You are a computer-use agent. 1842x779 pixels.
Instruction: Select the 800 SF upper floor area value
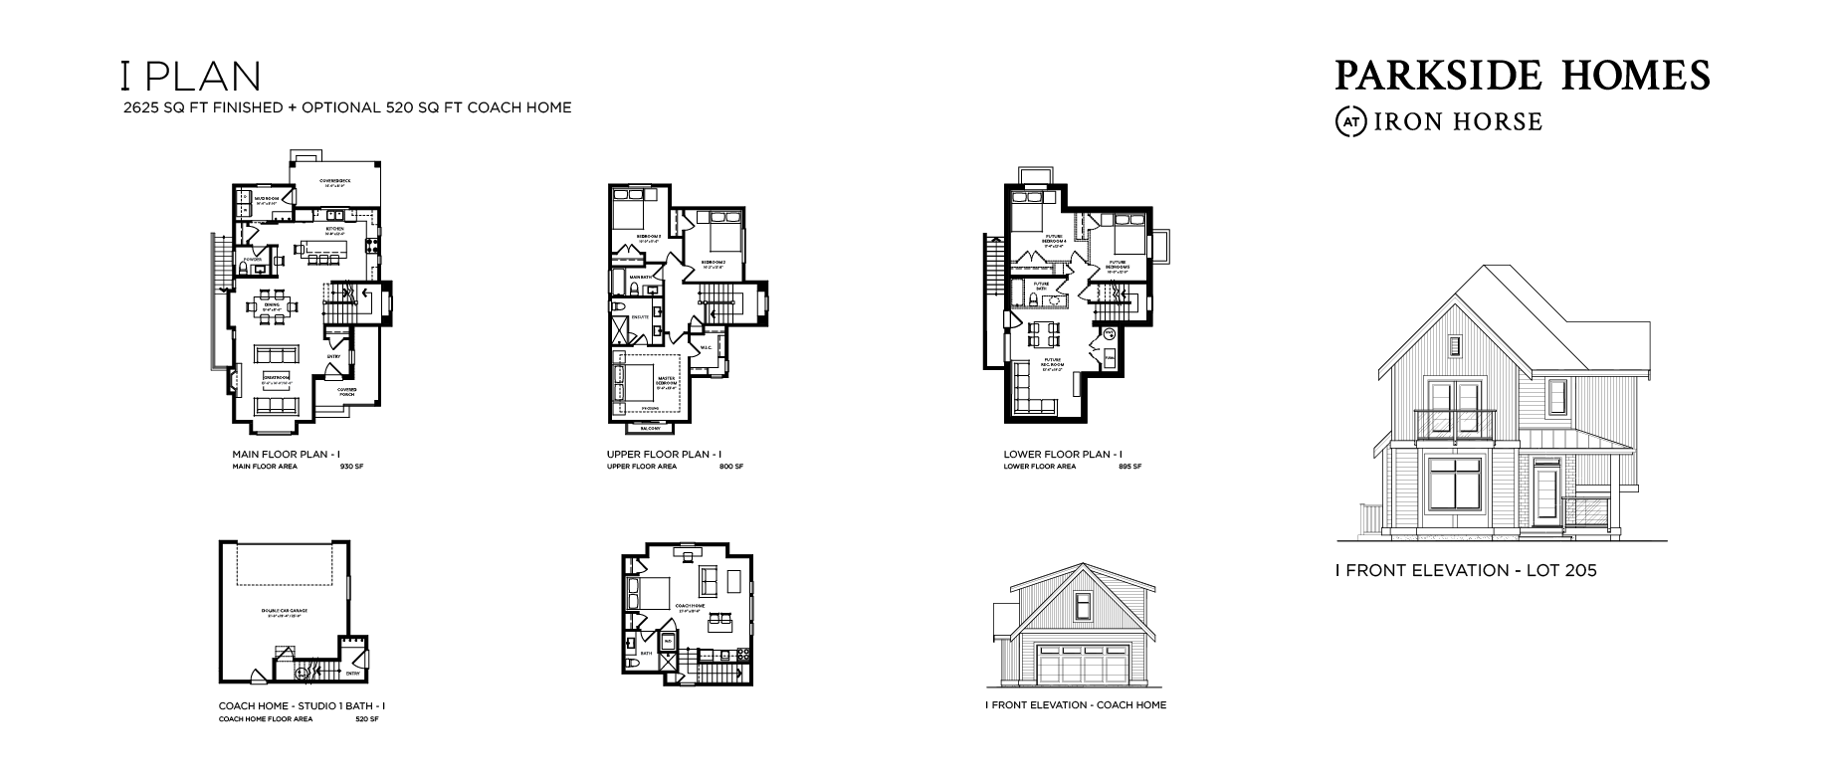[x=730, y=467]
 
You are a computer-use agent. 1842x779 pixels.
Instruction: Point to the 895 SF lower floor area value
[x=1129, y=467]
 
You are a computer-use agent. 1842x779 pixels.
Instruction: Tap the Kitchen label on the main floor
[x=334, y=229]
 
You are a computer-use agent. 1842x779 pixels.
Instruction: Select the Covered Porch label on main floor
[x=346, y=391]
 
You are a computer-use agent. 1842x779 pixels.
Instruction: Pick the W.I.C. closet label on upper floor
[x=706, y=348]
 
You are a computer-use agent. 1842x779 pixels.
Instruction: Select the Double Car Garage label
[x=284, y=610]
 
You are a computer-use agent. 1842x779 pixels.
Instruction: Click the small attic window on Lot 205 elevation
[x=1454, y=346]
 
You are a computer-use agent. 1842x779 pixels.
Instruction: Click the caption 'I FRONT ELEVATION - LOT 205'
[x=1465, y=571]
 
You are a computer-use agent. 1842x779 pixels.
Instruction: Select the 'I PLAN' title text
[x=189, y=77]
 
